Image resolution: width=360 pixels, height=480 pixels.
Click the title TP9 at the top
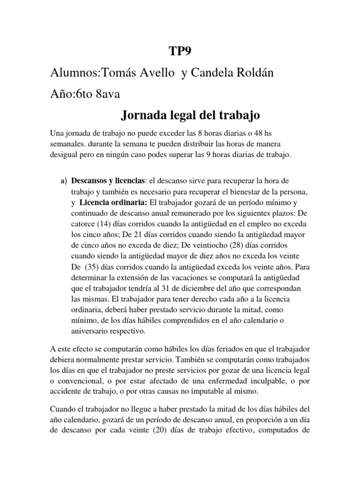180,51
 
